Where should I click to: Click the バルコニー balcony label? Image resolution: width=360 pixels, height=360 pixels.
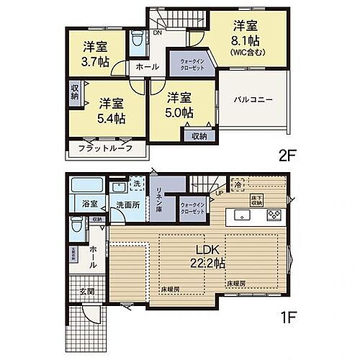(x=252, y=101)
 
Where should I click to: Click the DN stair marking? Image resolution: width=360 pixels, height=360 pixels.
(x=157, y=32)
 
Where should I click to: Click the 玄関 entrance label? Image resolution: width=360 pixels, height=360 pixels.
(x=87, y=292)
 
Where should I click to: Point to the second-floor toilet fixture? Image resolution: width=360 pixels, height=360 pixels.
(x=137, y=41)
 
